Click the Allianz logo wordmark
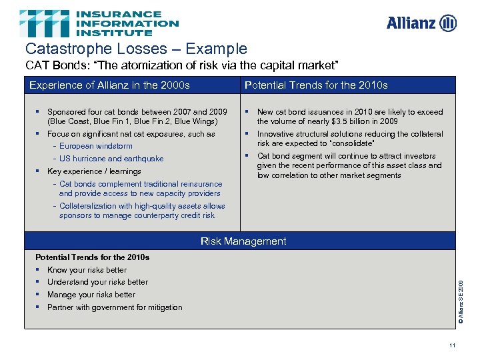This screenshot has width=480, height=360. click(x=412, y=23)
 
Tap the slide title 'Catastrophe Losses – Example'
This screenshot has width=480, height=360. click(x=136, y=49)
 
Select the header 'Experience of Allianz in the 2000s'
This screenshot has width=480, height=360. click(x=109, y=85)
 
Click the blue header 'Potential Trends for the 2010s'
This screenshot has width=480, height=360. click(x=316, y=85)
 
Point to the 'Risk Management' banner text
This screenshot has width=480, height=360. click(x=243, y=241)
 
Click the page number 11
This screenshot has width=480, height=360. click(x=452, y=345)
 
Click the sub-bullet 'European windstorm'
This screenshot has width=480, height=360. click(x=96, y=146)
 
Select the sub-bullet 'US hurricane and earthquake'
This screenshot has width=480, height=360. click(x=111, y=159)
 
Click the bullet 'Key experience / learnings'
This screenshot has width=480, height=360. click(x=94, y=171)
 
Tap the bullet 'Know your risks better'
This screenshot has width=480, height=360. click(x=87, y=270)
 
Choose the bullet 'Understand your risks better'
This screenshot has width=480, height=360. click(x=97, y=282)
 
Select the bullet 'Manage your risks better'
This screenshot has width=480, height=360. click(x=91, y=295)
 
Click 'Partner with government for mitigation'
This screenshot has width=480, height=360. click(x=115, y=307)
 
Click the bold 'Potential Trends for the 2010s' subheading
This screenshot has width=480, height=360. click(x=92, y=257)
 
